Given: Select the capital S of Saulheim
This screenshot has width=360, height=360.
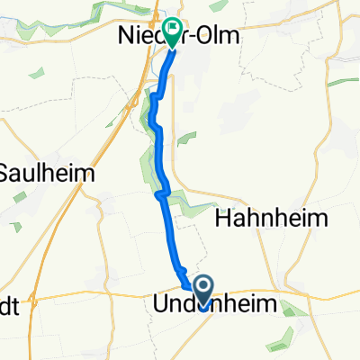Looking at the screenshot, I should [x=7, y=172].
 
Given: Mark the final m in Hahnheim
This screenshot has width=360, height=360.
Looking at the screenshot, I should [x=321, y=218].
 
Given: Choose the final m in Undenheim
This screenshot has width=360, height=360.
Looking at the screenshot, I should [x=292, y=303].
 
